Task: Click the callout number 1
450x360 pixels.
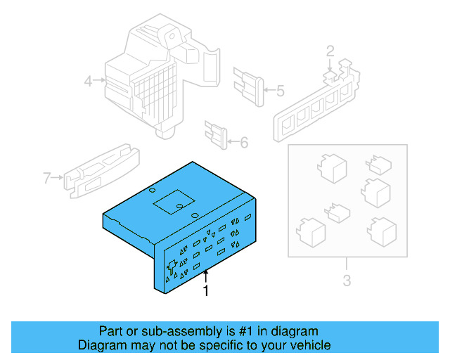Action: [206, 290]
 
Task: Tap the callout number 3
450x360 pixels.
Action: [346, 283]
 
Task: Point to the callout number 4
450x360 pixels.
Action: [89, 82]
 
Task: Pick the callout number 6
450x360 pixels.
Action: [244, 143]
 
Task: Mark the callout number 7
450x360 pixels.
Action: [47, 178]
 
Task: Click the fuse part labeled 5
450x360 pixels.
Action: [250, 86]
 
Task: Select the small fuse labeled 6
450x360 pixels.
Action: [215, 134]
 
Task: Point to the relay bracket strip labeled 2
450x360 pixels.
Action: [316, 102]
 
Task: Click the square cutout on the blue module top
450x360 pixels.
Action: [169, 203]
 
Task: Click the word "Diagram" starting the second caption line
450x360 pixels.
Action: [101, 345]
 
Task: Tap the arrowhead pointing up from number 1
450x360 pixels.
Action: [205, 271]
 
